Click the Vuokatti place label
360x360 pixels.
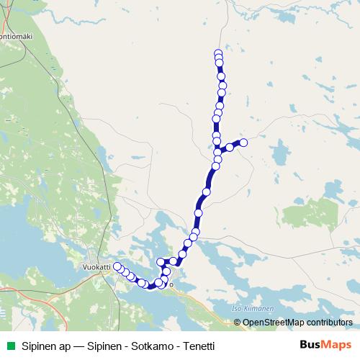point(96,266)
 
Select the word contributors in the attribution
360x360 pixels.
point(330,322)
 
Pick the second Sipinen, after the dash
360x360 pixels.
point(104,346)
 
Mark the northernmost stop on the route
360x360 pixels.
point(218,53)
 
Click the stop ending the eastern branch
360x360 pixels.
point(243,143)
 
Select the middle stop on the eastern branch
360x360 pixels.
point(230,148)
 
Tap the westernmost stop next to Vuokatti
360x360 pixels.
point(117,267)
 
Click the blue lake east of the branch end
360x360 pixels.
point(282,153)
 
